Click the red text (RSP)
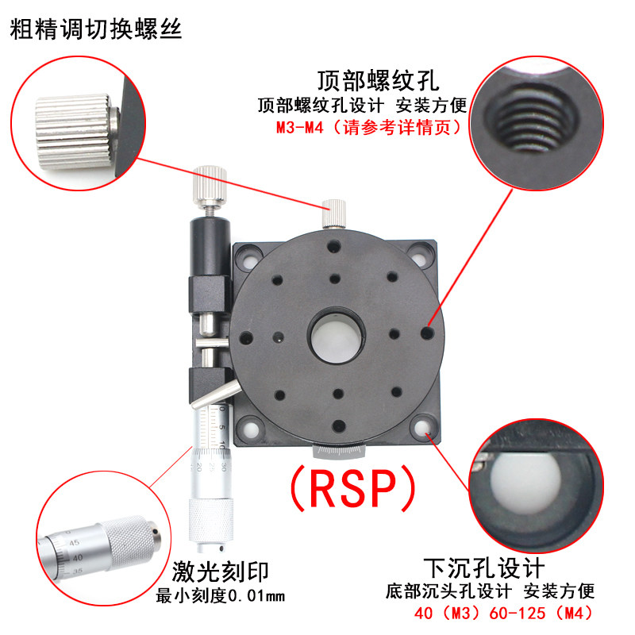click(352, 487)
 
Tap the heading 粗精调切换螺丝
click(96, 29)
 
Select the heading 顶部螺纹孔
click(379, 81)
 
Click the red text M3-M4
click(300, 128)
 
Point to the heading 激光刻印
click(221, 571)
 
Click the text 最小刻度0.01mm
click(221, 596)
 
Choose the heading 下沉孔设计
click(484, 568)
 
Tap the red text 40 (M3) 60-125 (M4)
click(503, 613)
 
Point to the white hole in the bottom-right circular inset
click(525, 483)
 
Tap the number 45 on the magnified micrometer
click(74, 543)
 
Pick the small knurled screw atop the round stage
click(333, 214)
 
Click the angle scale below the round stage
click(339, 452)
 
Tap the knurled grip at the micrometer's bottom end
click(211, 520)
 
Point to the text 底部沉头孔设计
click(448, 591)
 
